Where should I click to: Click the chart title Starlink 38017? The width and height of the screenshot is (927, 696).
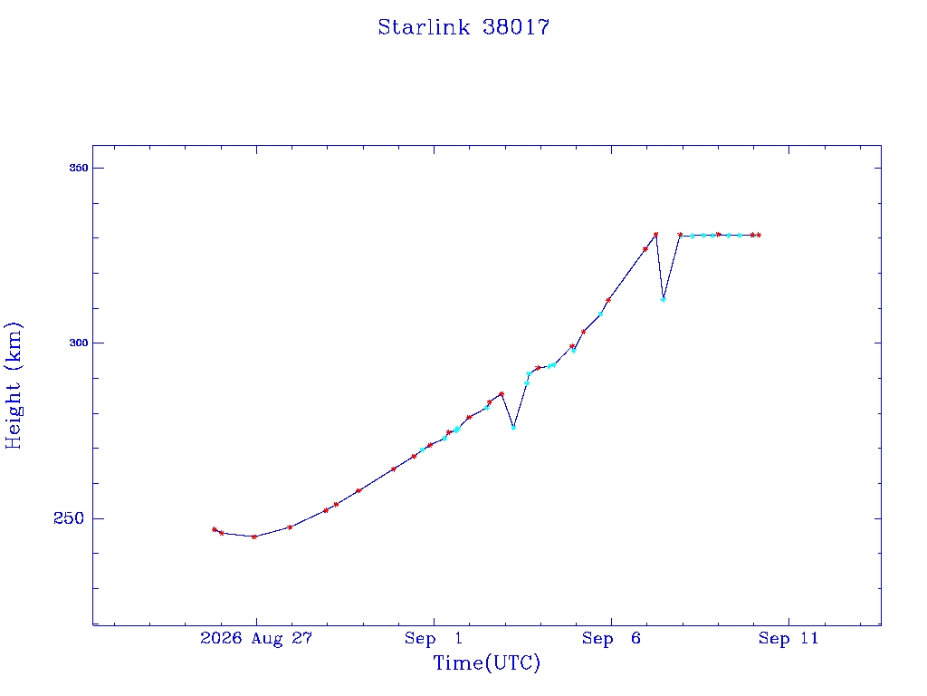[x=463, y=27]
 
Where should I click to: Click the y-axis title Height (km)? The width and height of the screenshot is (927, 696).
[x=13, y=385]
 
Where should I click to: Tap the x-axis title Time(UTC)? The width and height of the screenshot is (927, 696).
[x=486, y=662]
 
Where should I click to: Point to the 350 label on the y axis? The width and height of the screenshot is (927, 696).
[x=79, y=168]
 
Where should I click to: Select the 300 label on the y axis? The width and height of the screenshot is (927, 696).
[x=79, y=343]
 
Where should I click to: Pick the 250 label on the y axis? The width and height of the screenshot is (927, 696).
[x=69, y=517]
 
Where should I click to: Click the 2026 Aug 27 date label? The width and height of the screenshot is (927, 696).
[x=256, y=638]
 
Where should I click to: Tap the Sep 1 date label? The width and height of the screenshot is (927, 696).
[x=434, y=638]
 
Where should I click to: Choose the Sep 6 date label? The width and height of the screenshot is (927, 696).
[x=611, y=638]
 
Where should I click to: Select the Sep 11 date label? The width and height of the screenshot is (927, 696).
[x=788, y=638]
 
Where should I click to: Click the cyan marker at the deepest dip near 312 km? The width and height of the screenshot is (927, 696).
[x=664, y=299]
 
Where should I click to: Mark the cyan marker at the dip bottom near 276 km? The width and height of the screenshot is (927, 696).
[x=514, y=428]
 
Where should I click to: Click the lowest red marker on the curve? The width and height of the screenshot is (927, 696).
[x=254, y=536]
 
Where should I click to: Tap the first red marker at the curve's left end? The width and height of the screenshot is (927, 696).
[x=215, y=529]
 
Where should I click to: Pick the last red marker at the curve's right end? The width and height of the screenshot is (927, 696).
[x=759, y=235]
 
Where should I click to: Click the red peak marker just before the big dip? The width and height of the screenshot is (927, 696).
[x=655, y=235]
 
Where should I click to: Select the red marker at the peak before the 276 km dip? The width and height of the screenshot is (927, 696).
[x=502, y=394]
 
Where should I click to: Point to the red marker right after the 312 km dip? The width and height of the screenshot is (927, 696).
[x=680, y=235]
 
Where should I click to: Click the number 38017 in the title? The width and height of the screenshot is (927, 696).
[x=516, y=27]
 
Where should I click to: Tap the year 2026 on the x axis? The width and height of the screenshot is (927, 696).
[x=221, y=638]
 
